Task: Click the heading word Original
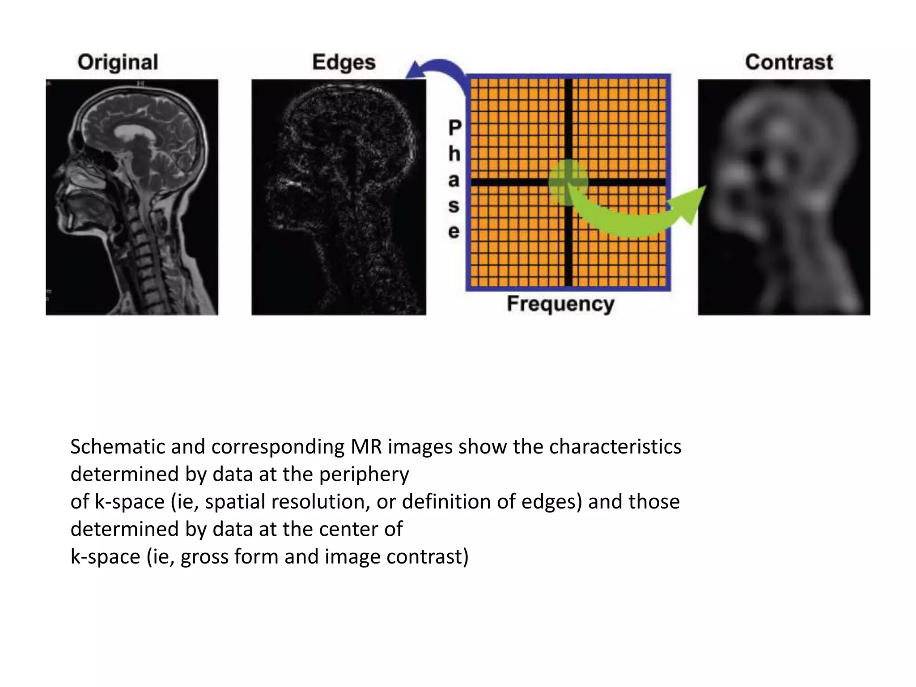click(x=118, y=63)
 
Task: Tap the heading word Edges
click(x=343, y=63)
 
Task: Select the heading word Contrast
click(x=789, y=62)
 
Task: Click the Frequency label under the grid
click(x=560, y=304)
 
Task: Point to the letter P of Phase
click(x=454, y=128)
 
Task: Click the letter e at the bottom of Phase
click(x=454, y=232)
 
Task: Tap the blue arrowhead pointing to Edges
click(x=416, y=72)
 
